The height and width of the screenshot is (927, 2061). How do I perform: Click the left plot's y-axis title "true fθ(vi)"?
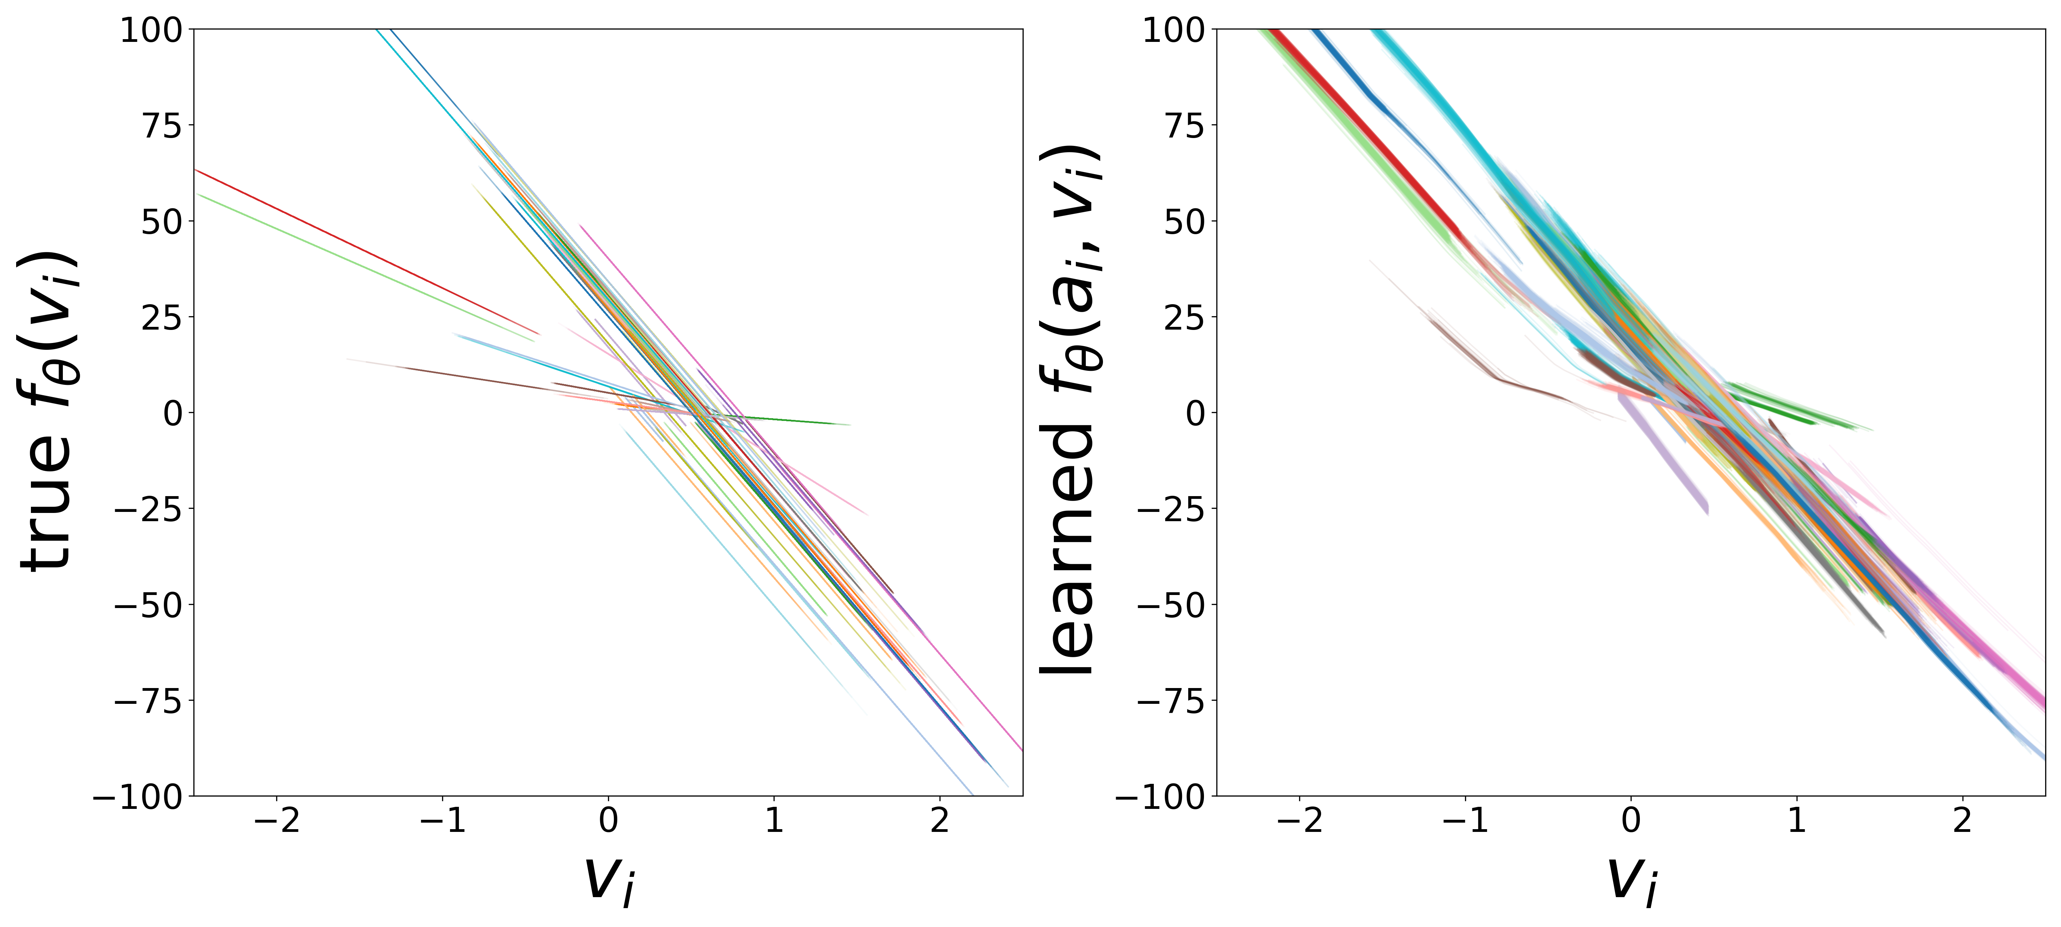point(48,412)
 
